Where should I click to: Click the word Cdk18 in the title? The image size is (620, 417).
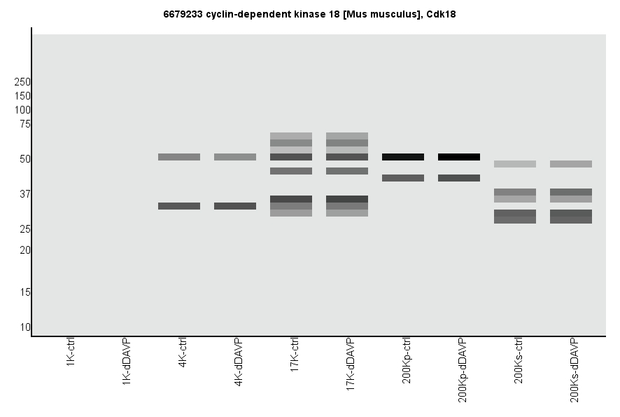[x=442, y=14]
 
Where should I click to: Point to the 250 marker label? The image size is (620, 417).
[x=22, y=82]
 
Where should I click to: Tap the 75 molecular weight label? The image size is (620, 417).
[x=25, y=124]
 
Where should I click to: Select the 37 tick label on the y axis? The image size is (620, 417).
[x=25, y=194]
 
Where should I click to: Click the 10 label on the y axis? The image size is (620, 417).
[x=25, y=327]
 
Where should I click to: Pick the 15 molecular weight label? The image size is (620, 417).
[x=25, y=292]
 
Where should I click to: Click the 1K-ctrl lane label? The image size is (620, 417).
[x=71, y=353]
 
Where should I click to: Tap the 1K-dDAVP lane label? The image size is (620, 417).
[x=127, y=360]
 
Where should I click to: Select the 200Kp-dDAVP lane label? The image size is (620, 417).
[x=463, y=370]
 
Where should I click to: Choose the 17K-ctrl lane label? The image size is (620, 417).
[x=295, y=355]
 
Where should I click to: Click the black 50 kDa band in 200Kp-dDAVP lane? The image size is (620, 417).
[x=459, y=157]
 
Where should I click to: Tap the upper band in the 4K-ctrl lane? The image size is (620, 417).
[x=179, y=157]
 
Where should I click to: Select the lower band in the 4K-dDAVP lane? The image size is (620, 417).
[x=235, y=206]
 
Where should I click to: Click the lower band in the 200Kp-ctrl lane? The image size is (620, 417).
[x=403, y=178]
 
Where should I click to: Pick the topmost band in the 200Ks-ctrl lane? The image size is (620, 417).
[x=515, y=164]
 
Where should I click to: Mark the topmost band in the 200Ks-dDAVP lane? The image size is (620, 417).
[x=571, y=164]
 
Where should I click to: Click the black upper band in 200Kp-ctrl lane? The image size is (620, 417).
[x=403, y=157]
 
